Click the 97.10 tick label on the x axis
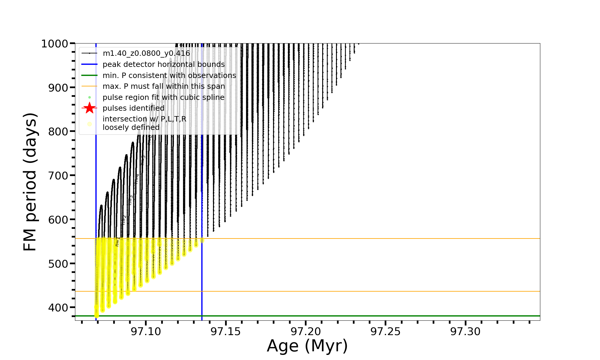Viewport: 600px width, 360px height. [x=146, y=331]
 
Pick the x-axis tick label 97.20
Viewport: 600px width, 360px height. [x=306, y=331]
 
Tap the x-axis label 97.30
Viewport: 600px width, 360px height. [x=465, y=331]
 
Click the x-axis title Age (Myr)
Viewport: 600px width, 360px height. [x=307, y=346]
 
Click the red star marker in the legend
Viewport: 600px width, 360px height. [x=89, y=108]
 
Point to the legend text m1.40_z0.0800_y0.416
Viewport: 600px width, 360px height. [x=146, y=53]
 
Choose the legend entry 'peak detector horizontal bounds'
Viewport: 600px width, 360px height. [x=163, y=64]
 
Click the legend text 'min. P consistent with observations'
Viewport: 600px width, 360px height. [x=169, y=76]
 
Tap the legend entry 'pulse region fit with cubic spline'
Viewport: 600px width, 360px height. [x=163, y=97]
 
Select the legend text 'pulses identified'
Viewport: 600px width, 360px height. [x=133, y=108]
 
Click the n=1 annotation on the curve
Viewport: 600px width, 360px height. [x=118, y=241]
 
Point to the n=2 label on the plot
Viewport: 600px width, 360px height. [x=124, y=220]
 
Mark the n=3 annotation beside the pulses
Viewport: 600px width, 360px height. [x=130, y=200]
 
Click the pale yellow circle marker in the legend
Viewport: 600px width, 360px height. [x=89, y=124]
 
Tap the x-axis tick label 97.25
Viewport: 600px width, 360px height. [x=385, y=331]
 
